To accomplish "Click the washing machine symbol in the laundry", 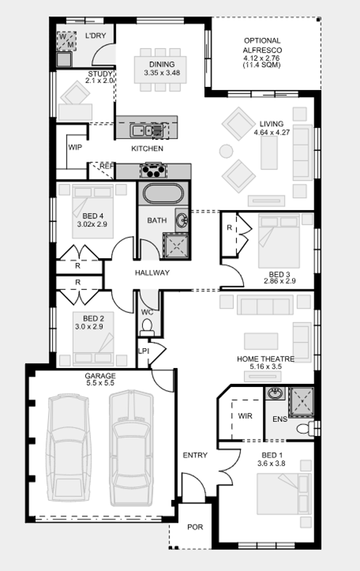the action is point(67,41).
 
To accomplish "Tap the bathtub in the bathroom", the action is point(163,194).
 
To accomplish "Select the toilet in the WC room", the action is point(147,326).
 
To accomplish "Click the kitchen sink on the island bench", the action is point(143,130).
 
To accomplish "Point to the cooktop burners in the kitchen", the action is point(154,171).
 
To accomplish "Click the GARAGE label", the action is point(100,376).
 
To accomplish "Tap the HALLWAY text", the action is point(152,273).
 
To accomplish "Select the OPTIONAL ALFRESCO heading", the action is point(262,45).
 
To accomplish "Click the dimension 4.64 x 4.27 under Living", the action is point(272,132).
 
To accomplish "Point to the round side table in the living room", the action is point(226,151).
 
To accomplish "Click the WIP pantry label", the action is point(75,147).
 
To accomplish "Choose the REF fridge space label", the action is point(107,166).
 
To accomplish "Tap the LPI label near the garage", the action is point(143,351).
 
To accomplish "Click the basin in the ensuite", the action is point(275,393).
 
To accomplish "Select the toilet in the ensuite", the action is point(305,429).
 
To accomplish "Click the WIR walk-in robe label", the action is point(245,416).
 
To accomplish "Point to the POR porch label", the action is point(195,527).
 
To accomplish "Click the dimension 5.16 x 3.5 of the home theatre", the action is point(266,367).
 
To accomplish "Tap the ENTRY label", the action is point(195,455).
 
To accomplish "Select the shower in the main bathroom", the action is point(177,245).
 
